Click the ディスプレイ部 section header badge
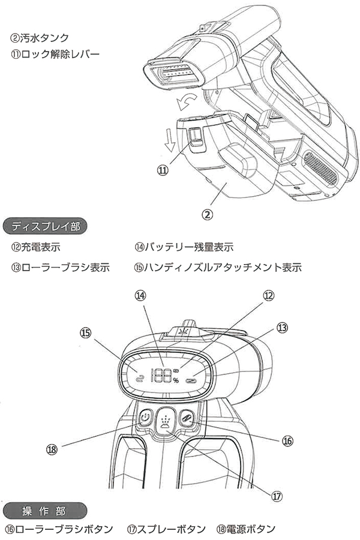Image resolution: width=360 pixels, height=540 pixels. pyautogui.click(x=46, y=226)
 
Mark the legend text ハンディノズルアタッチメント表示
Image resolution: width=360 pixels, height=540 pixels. pyautogui.click(x=223, y=267)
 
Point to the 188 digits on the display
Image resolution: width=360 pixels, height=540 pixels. pyautogui.click(x=160, y=376)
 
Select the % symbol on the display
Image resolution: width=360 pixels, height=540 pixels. pyautogui.click(x=176, y=380)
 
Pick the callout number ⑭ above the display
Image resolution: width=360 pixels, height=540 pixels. pyautogui.click(x=140, y=295)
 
